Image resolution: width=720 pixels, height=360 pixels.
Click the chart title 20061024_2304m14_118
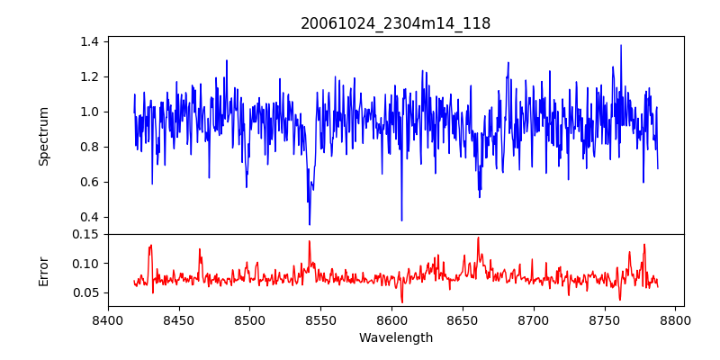395,23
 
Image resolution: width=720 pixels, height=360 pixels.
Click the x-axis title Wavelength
395,337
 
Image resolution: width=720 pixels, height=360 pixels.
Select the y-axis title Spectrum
44,136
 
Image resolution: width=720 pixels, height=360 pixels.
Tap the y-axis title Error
44,270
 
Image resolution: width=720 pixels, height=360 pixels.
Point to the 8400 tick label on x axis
108,319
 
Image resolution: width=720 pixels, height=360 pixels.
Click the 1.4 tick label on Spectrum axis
90,41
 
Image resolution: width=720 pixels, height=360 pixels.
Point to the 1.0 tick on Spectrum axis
90,112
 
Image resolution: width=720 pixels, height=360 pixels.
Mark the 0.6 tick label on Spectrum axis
90,182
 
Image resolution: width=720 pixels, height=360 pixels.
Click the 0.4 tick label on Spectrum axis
90,217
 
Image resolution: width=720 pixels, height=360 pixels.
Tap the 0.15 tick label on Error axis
86,234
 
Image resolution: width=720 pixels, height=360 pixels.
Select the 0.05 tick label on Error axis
86,292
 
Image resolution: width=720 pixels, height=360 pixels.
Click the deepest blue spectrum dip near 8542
310,224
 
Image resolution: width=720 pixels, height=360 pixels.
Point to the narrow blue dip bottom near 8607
401,220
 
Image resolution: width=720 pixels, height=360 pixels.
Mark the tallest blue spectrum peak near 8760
621,45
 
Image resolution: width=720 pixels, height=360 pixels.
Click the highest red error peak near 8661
478,238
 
